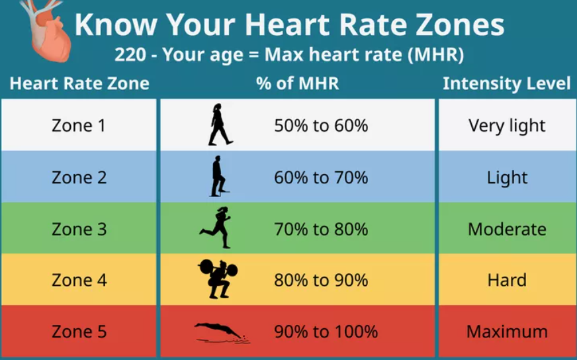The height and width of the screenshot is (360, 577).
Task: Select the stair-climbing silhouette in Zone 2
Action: point(219,176)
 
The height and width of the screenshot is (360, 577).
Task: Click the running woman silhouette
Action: point(216,228)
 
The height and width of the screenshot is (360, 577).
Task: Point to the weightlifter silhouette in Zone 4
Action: point(218,279)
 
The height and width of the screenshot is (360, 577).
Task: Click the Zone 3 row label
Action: point(79,229)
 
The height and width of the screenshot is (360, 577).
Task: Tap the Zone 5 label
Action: point(79,332)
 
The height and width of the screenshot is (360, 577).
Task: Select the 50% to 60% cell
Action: point(321,126)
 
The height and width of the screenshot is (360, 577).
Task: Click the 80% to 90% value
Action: point(321,280)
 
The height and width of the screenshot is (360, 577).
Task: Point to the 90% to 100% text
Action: point(326,332)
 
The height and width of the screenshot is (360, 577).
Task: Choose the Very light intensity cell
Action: point(507,126)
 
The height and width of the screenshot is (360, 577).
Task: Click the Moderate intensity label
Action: point(507,229)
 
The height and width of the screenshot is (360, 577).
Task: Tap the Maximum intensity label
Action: point(507,332)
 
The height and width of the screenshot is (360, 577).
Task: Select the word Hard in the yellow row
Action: point(507,280)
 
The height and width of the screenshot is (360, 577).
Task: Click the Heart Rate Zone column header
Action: point(79,83)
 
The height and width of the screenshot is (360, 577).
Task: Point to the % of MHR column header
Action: point(297,83)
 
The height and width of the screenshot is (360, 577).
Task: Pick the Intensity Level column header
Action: point(507,84)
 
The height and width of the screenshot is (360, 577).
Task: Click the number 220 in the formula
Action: point(130,54)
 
